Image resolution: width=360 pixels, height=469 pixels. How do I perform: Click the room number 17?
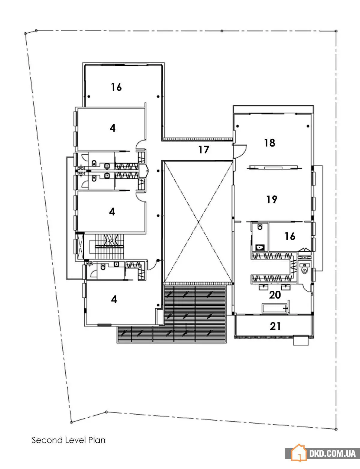point(204,150)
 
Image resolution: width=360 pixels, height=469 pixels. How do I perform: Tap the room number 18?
point(270,143)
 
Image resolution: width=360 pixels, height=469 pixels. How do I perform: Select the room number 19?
point(271,199)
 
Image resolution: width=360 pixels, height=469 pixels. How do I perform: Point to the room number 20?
point(275,295)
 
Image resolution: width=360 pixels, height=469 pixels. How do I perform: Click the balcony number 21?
point(275,326)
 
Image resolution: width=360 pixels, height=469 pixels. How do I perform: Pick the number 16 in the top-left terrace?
point(116,87)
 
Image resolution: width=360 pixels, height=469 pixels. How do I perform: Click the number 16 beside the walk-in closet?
point(290,236)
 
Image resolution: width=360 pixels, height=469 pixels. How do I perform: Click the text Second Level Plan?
point(69,440)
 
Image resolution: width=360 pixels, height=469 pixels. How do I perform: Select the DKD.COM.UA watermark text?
point(332,453)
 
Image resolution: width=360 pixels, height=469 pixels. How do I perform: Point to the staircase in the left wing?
point(110,246)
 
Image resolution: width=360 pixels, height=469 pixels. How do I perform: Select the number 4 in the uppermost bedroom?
point(112,128)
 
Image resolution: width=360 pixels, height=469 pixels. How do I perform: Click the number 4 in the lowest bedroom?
point(114,299)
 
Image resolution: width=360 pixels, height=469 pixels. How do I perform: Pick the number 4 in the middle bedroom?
point(112,212)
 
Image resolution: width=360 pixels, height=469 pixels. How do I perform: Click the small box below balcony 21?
point(301,340)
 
